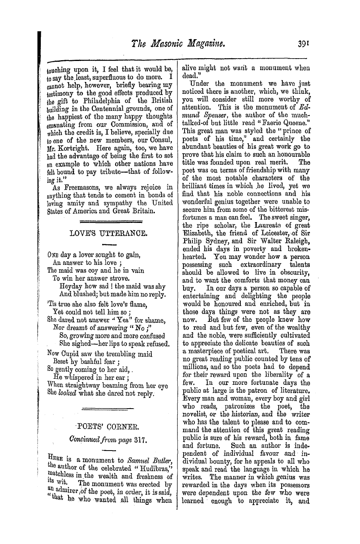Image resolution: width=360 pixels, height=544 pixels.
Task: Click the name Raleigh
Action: point(297,241)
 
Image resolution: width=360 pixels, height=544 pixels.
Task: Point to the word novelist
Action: point(196,414)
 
